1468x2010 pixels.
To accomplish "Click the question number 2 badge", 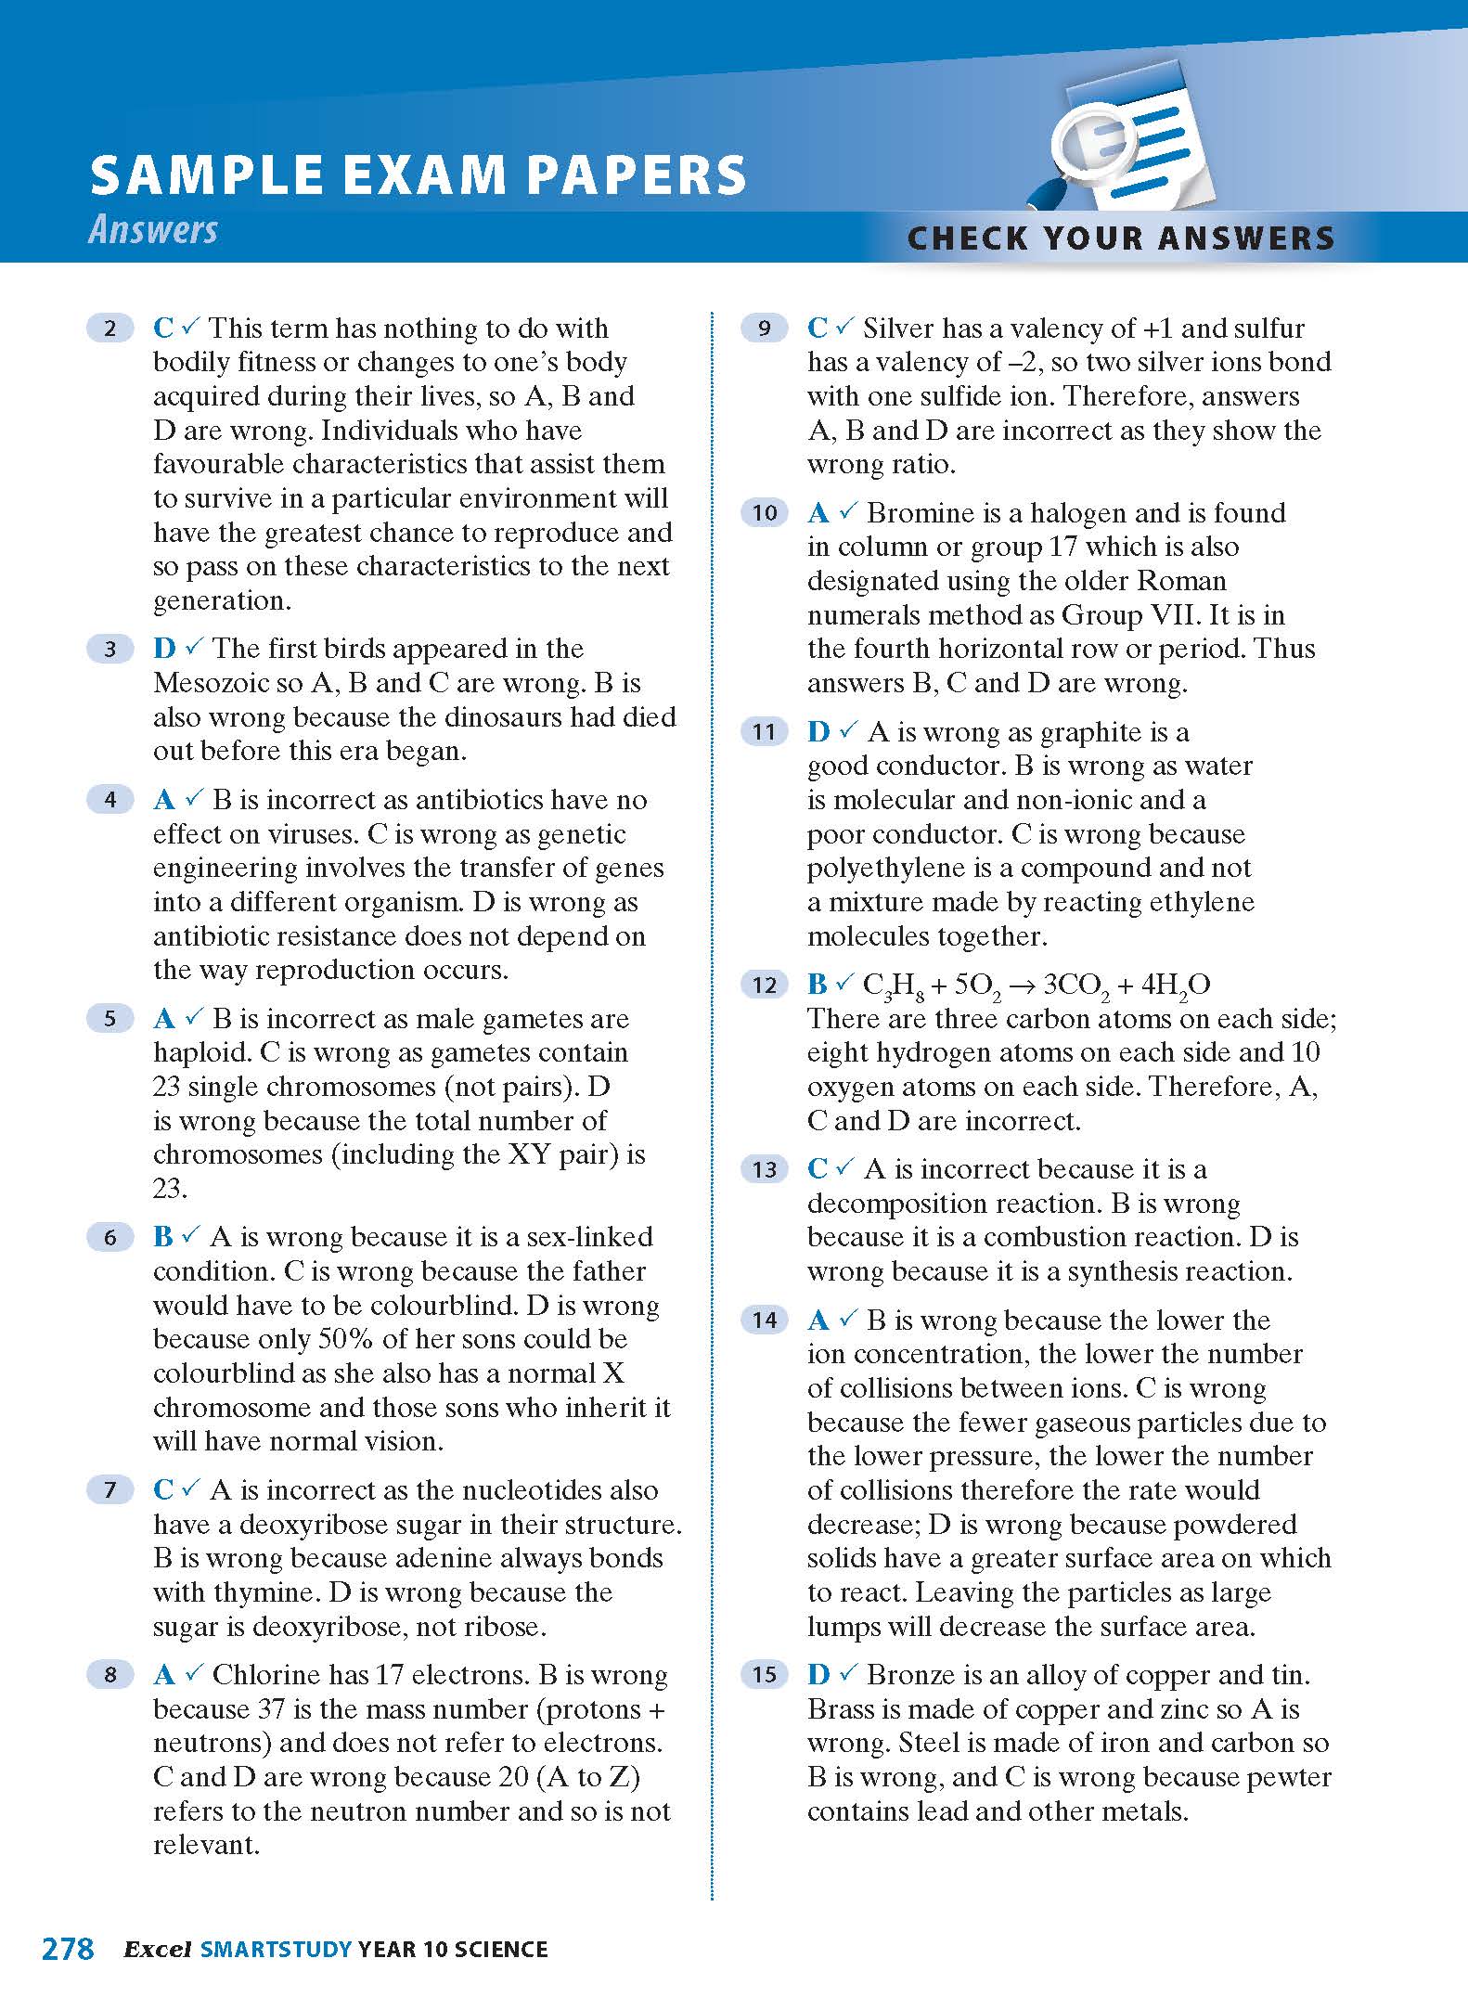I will tap(110, 329).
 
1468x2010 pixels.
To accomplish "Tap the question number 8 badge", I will tap(110, 1675).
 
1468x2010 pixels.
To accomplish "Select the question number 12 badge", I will tap(764, 985).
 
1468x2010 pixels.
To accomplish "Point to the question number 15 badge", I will tap(764, 1675).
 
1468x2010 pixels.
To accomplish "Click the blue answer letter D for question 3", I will tap(164, 649).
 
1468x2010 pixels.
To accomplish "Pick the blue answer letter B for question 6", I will tap(163, 1237).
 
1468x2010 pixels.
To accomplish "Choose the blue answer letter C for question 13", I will tap(818, 1169).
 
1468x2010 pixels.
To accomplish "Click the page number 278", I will tap(68, 1949).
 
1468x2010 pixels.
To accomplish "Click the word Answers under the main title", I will tap(153, 230).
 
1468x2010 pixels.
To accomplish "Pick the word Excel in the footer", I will tap(158, 1949).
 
